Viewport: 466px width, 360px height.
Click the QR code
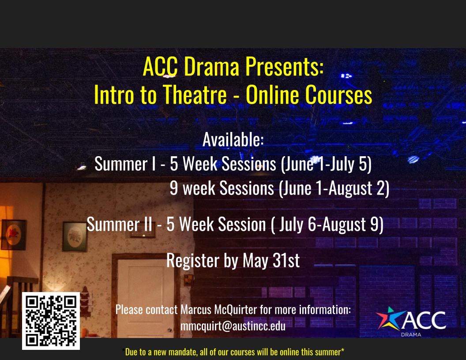click(x=51, y=321)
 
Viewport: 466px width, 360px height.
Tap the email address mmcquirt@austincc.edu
click(x=233, y=326)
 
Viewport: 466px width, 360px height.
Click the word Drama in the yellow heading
click(x=211, y=67)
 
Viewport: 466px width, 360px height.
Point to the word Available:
click(x=233, y=139)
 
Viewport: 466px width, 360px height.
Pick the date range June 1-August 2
click(x=334, y=188)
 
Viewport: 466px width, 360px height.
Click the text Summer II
click(x=120, y=224)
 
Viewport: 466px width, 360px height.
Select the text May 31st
click(x=271, y=260)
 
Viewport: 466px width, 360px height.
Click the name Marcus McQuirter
click(x=219, y=310)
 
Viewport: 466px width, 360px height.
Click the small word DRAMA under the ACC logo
click(x=411, y=334)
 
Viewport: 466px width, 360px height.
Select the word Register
click(x=193, y=260)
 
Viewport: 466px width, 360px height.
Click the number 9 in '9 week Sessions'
click(x=174, y=188)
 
